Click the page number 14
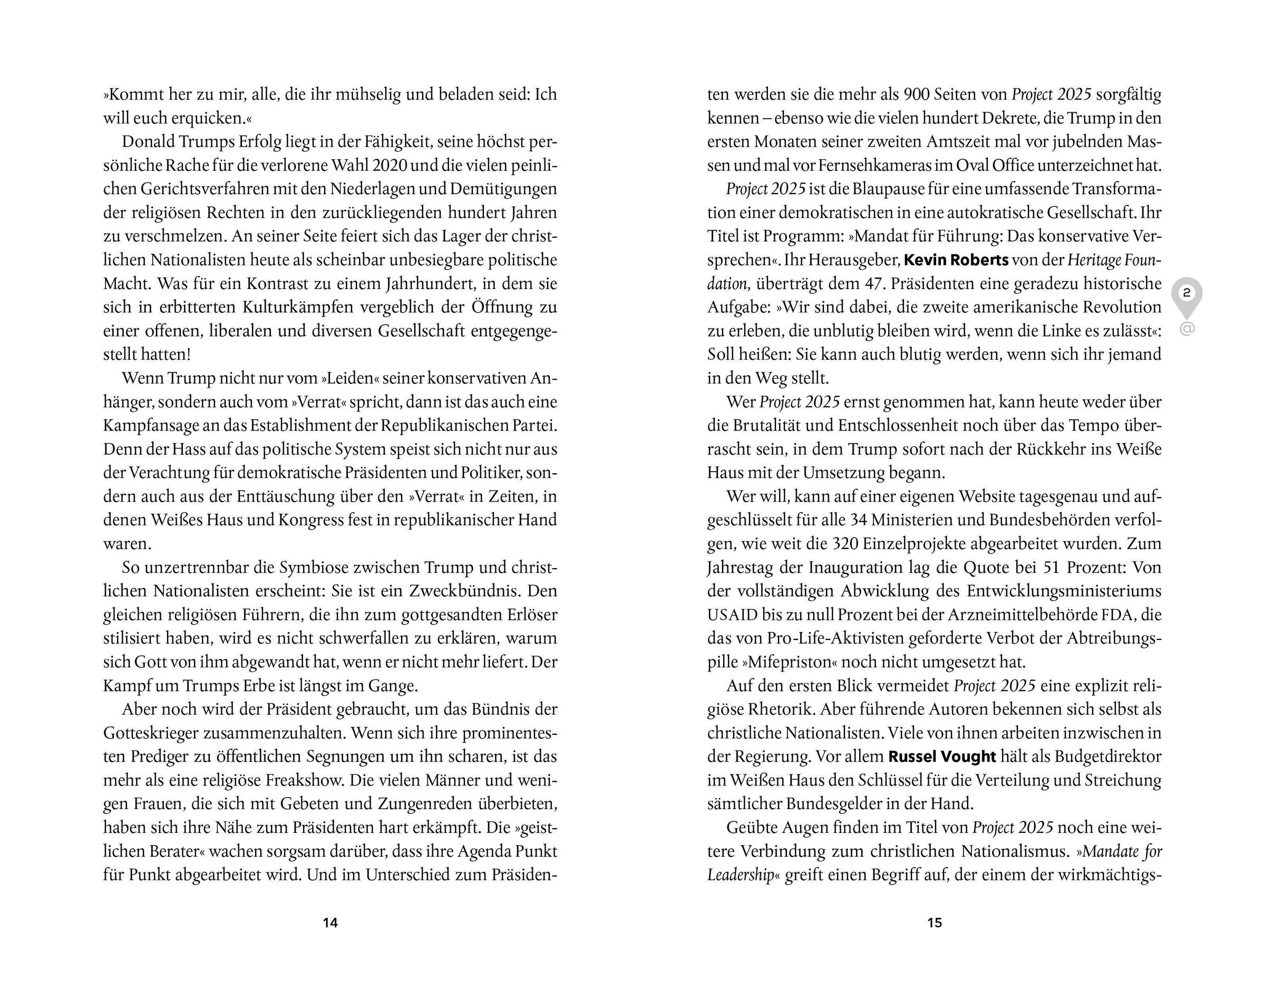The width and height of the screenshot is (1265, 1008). [330, 923]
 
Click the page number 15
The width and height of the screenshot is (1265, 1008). [934, 923]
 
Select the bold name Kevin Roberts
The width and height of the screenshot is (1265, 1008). [956, 260]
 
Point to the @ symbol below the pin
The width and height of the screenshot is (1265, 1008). [1186, 329]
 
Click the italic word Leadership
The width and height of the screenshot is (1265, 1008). [741, 875]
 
